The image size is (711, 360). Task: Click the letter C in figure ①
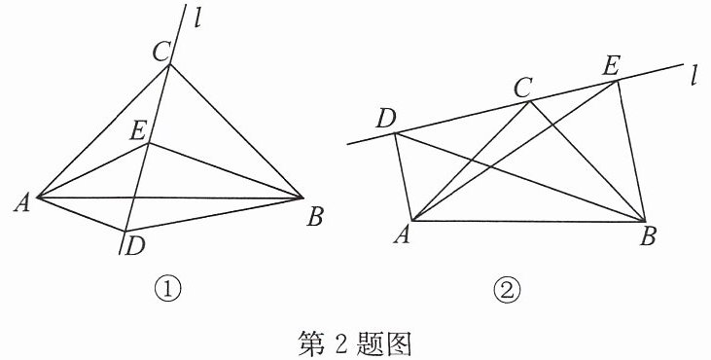click(161, 53)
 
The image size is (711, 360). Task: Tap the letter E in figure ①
click(138, 132)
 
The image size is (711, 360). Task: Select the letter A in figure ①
click(22, 203)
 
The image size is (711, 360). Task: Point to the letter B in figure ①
click(315, 217)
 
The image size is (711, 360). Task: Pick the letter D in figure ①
click(135, 247)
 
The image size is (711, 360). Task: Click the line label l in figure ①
click(197, 20)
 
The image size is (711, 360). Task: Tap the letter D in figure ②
click(386, 120)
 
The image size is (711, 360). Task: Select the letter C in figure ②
click(523, 89)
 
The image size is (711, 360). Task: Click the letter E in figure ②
click(610, 67)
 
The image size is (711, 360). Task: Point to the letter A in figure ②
click(402, 235)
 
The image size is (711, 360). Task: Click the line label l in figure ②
click(693, 77)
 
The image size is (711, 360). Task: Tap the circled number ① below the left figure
click(167, 290)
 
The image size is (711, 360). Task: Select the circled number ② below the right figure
click(508, 290)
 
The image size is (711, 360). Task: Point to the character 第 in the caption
click(311, 343)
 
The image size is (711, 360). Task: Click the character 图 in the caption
click(398, 343)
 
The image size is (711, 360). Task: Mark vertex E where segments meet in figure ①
click(149, 143)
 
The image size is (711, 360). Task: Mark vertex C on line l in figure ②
click(530, 101)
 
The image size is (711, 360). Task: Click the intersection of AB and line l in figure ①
click(134, 198)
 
